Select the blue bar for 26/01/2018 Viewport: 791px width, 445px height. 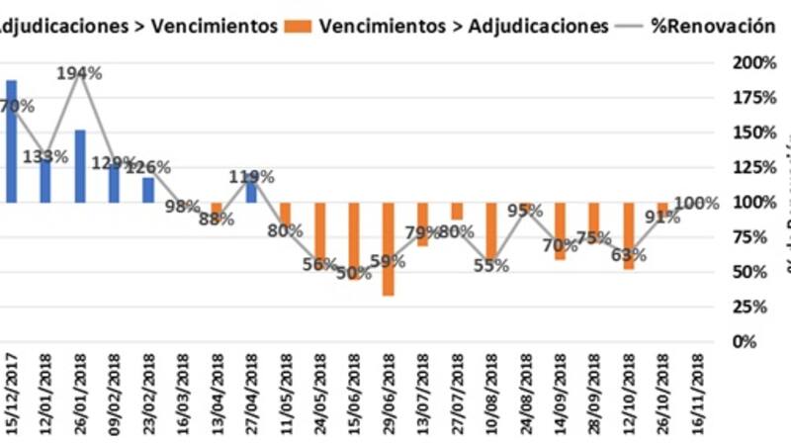(x=79, y=165)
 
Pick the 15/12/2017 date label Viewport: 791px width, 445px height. (x=12, y=393)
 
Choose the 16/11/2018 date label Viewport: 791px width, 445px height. (x=698, y=393)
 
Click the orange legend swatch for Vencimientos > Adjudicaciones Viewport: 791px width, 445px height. (x=305, y=27)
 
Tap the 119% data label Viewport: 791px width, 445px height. (x=251, y=178)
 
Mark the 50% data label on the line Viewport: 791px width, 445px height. (x=352, y=273)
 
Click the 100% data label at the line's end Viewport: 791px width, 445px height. (x=697, y=204)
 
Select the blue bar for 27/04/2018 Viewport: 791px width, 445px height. (x=251, y=190)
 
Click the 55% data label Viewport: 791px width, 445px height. (x=490, y=265)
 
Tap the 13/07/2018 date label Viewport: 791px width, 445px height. (x=423, y=393)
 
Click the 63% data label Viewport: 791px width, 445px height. (x=628, y=255)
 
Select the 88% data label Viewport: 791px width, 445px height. (x=217, y=220)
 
